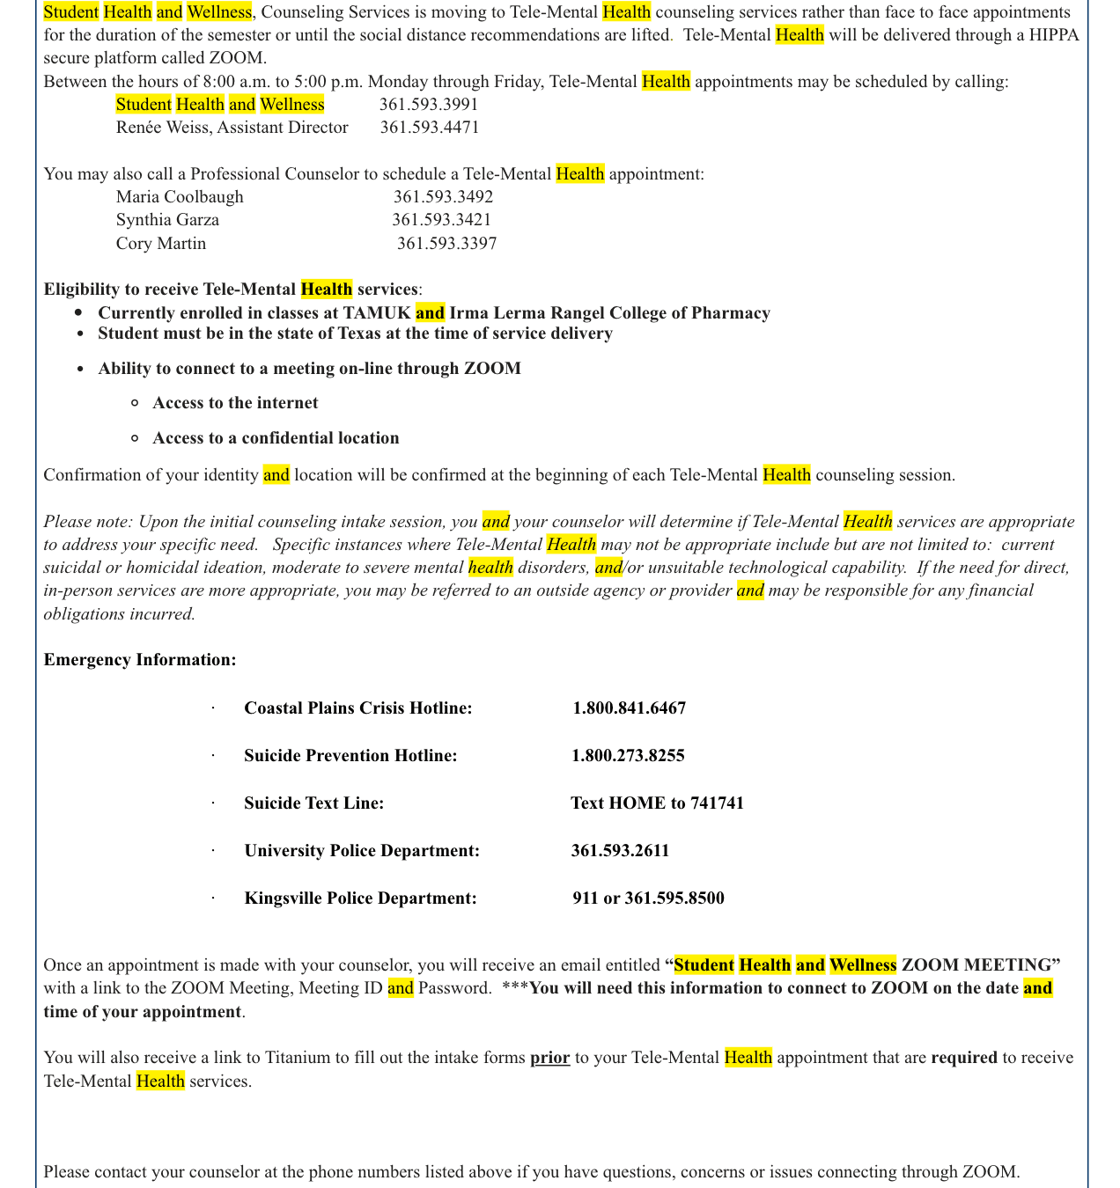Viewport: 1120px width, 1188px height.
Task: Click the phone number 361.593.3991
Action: point(429,105)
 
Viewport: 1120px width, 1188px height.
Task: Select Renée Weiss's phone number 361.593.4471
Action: point(430,128)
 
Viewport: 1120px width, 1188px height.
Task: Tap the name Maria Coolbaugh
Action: point(180,197)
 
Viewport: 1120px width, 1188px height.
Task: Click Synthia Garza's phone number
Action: point(441,220)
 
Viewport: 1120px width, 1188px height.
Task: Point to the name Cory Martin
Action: point(161,244)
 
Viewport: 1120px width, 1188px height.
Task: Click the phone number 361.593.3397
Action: point(446,244)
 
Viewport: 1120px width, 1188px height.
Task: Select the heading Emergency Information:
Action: point(140,660)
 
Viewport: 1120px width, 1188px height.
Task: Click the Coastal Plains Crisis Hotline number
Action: point(629,708)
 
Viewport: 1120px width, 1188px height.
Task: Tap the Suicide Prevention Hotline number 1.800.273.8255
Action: point(628,756)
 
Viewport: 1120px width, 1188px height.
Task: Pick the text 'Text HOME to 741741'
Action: point(657,803)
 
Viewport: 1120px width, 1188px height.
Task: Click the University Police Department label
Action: point(362,851)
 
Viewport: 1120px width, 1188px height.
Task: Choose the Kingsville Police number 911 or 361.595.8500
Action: point(648,898)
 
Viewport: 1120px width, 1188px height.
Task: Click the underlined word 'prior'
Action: point(549,1058)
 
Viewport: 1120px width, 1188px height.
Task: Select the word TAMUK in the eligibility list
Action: point(377,313)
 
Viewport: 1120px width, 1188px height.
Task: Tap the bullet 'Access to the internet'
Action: point(235,403)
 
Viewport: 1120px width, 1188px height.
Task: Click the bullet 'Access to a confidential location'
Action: point(276,438)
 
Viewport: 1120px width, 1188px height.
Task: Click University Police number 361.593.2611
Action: point(620,851)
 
